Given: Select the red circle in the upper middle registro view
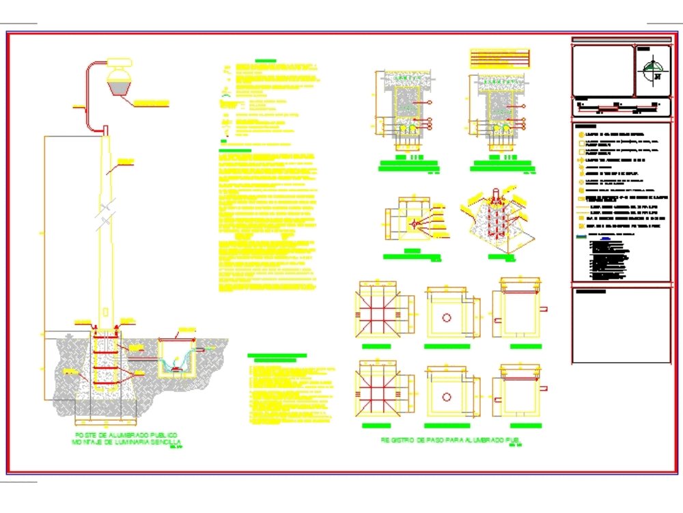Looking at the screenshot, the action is click(x=447, y=318).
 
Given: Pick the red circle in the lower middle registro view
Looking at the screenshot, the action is click(x=447, y=397).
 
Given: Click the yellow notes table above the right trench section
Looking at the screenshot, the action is click(x=499, y=58).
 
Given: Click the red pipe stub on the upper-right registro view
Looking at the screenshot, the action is click(x=545, y=309).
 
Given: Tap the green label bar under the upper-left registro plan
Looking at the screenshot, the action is click(x=376, y=347).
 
